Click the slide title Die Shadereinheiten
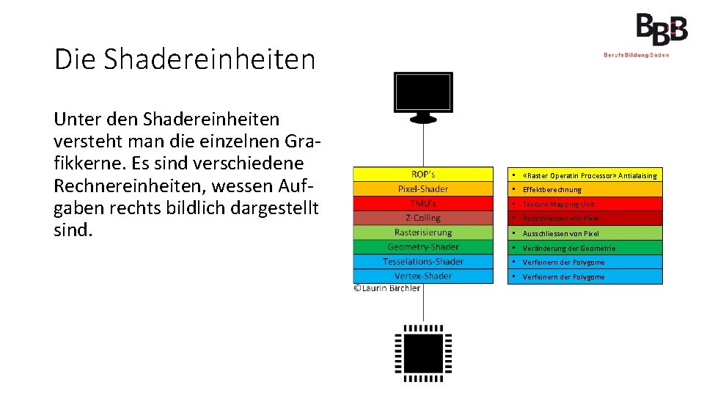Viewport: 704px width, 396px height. [184, 59]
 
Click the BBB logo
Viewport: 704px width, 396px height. [661, 30]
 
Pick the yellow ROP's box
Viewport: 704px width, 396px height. [423, 175]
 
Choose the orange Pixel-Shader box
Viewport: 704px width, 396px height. [423, 189]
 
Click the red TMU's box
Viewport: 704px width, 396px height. [423, 203]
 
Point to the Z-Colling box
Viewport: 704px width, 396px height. [423, 218]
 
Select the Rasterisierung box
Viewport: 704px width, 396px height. [423, 232]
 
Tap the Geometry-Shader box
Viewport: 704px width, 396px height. [423, 247]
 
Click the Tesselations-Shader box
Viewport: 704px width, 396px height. [423, 262]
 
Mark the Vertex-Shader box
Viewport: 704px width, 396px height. [423, 276]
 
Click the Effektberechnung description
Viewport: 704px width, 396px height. [551, 189]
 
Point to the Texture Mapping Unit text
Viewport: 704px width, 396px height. [558, 204]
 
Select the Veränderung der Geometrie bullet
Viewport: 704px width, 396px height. [568, 248]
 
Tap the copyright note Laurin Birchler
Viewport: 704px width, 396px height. [387, 288]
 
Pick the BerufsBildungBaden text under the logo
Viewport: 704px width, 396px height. [636, 55]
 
